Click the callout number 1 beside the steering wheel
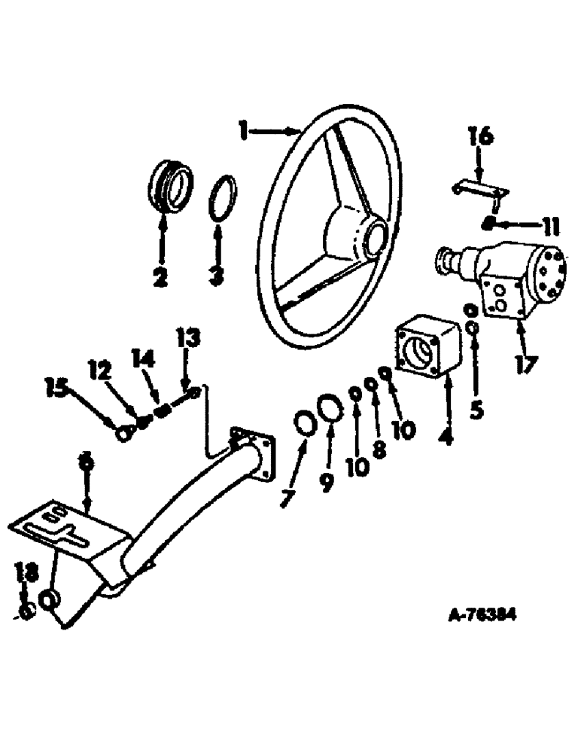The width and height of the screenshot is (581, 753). pos(242,131)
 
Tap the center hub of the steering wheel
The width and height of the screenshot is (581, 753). pos(370,236)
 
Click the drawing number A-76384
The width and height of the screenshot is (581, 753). pos(482,615)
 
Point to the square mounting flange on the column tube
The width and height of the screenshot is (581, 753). pos(253,454)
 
